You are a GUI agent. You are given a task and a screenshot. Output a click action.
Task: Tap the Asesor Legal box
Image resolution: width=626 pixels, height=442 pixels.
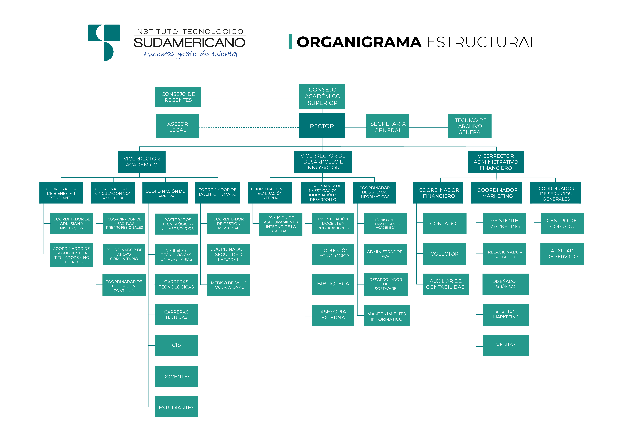coord(177,127)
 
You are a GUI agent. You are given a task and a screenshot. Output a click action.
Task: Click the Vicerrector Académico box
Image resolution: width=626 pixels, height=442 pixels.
coord(142,162)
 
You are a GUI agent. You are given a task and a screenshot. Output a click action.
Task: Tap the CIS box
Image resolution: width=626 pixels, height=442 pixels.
coord(176,345)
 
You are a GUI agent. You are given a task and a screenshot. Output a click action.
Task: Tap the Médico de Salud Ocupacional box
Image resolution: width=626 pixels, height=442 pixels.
coord(228,285)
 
